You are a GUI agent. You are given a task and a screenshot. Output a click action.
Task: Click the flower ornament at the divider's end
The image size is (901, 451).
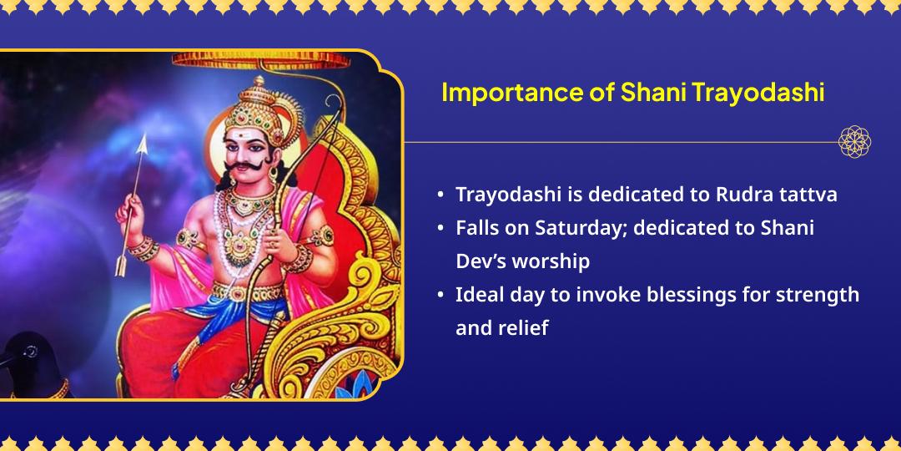[854, 142]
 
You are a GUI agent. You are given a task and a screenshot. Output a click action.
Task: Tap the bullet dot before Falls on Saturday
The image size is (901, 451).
[440, 228]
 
